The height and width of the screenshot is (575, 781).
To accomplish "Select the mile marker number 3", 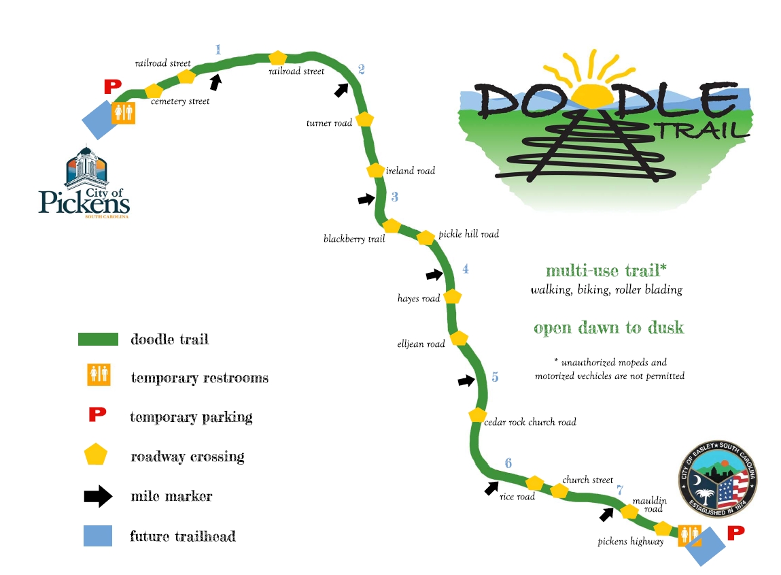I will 394,197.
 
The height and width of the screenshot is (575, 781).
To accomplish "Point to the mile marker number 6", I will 508,463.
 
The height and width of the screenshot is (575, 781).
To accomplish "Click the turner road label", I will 330,123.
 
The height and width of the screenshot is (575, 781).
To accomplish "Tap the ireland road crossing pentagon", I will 375,170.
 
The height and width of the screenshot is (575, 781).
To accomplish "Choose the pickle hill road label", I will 468,234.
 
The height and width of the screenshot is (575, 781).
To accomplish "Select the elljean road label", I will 421,344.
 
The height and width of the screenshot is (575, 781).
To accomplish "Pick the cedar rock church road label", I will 530,422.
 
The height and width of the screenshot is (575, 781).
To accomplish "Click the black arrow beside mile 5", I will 466,381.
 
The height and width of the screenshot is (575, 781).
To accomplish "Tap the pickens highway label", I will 630,542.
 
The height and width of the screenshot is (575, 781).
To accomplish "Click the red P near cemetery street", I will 112,86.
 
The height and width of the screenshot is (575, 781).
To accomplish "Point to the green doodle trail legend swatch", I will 99,339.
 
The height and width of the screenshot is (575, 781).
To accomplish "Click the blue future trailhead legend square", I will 98,536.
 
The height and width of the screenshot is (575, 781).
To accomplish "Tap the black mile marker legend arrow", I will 98,496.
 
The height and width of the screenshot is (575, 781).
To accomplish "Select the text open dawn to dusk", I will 608,328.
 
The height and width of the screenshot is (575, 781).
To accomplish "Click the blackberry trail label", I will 354,239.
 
